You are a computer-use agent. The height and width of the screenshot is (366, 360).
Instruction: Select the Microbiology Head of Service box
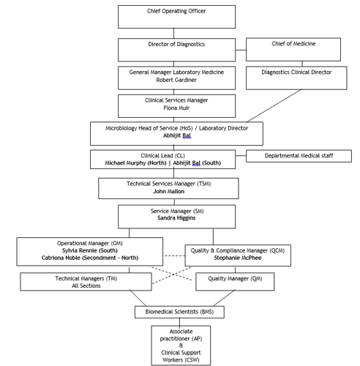point(176,132)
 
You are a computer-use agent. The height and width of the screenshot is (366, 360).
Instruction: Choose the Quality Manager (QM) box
point(236,278)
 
